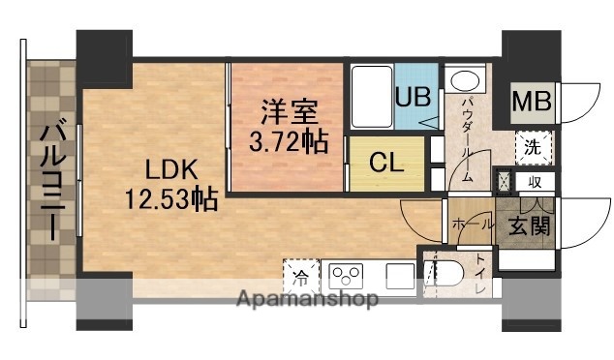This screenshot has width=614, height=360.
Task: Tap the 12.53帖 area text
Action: [x=169, y=200]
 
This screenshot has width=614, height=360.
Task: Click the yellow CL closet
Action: [x=384, y=162]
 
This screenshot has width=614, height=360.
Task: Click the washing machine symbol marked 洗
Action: [x=533, y=147]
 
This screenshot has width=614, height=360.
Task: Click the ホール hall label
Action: [x=470, y=223]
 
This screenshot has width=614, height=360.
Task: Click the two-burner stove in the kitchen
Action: [x=346, y=275]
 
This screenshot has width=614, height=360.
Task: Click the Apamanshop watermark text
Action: [x=307, y=300]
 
